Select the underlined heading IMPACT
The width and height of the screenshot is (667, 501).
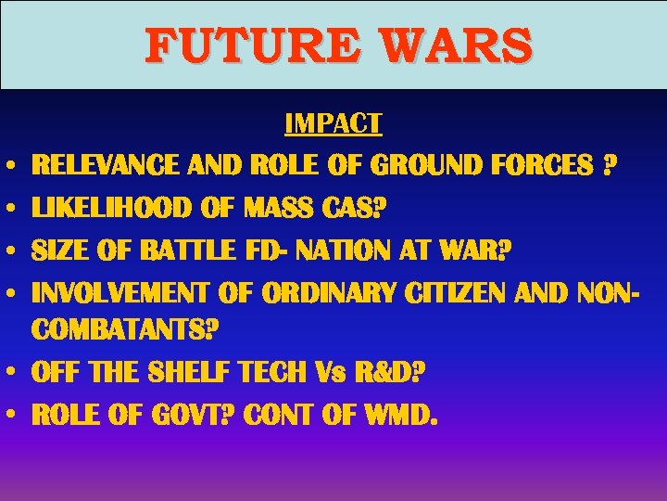(x=333, y=123)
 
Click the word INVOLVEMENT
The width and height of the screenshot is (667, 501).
(x=120, y=292)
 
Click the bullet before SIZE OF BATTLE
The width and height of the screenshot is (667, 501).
(x=19, y=251)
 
